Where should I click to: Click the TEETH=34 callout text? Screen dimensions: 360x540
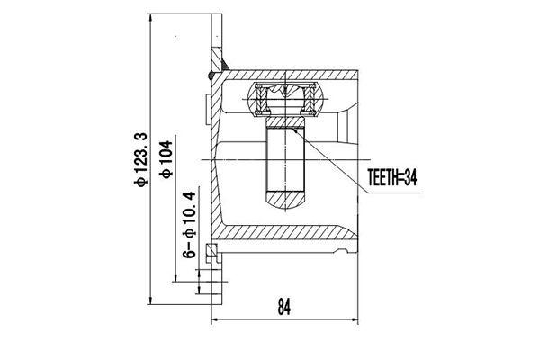(393, 176)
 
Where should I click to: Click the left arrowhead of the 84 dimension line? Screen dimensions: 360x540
(215, 319)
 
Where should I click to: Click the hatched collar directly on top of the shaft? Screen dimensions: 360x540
(284, 121)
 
